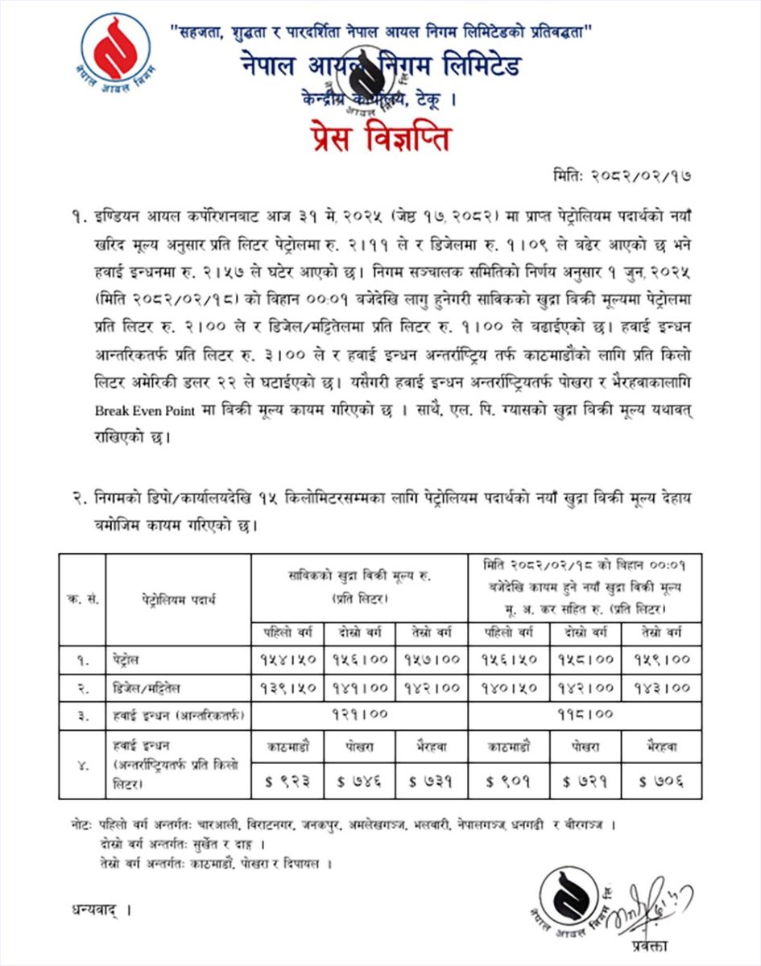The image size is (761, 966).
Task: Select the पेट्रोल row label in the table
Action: click(x=126, y=659)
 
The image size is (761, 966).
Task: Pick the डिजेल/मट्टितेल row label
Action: click(x=146, y=687)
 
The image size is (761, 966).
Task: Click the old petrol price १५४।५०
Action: click(x=287, y=659)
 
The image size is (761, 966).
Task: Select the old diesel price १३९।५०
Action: click(x=287, y=687)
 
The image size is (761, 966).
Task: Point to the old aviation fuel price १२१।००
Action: click(x=359, y=714)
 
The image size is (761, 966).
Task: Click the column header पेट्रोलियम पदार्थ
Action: click(x=176, y=600)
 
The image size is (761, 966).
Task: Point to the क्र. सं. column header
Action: click(x=82, y=600)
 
